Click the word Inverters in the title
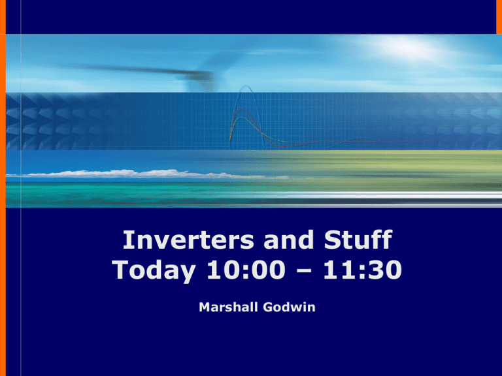click(x=188, y=240)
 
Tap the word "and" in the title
click(x=288, y=240)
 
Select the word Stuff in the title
click(x=358, y=240)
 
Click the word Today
click(x=154, y=270)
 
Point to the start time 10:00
click(x=246, y=270)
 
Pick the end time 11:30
click(x=363, y=270)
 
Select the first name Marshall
click(x=228, y=307)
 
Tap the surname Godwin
click(x=289, y=307)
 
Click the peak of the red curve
click(x=241, y=109)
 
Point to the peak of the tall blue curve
click(x=245, y=86)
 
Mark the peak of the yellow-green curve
click(x=240, y=117)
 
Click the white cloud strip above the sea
click(x=147, y=174)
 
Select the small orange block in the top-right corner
click(x=499, y=16)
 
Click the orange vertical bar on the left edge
click(x=3, y=188)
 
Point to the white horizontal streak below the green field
click(x=400, y=195)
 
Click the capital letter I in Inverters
click(x=126, y=240)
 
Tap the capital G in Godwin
click(x=268, y=307)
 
